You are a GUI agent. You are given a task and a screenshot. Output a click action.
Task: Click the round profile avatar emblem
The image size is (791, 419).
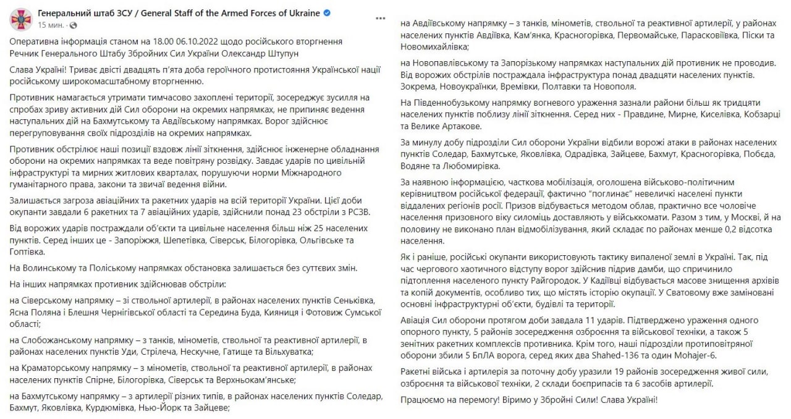(x=20, y=19)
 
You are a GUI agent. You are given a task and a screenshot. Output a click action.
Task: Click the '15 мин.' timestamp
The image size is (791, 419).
(x=50, y=25)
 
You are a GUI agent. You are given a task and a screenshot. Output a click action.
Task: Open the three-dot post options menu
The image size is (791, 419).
(x=381, y=19)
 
